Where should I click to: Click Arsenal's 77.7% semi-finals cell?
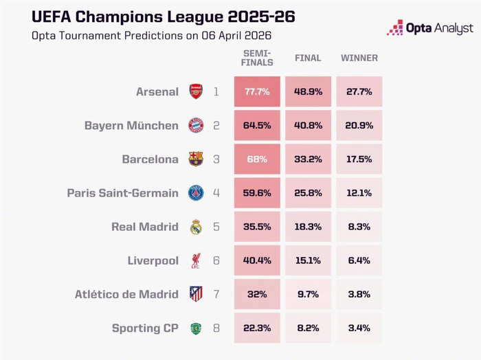click(x=257, y=91)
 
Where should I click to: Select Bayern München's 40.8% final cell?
click(x=308, y=125)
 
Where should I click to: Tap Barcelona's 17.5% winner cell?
click(x=359, y=159)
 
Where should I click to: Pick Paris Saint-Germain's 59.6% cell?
click(x=257, y=192)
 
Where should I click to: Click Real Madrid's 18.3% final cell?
click(x=308, y=227)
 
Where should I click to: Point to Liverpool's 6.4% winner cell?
click(x=359, y=260)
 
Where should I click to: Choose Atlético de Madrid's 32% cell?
click(x=257, y=294)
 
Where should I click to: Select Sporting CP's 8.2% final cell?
click(x=308, y=328)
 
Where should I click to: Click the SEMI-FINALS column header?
click(x=257, y=58)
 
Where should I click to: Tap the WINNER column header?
click(x=359, y=58)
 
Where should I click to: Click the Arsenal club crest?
click(x=196, y=91)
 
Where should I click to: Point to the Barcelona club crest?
click(x=196, y=159)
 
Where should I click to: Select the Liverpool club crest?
click(x=196, y=260)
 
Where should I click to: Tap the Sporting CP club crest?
click(x=196, y=328)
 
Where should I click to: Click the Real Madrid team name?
click(x=145, y=227)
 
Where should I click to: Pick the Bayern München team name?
click(x=131, y=126)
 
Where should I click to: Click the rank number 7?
click(x=216, y=294)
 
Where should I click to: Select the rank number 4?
click(x=216, y=193)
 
